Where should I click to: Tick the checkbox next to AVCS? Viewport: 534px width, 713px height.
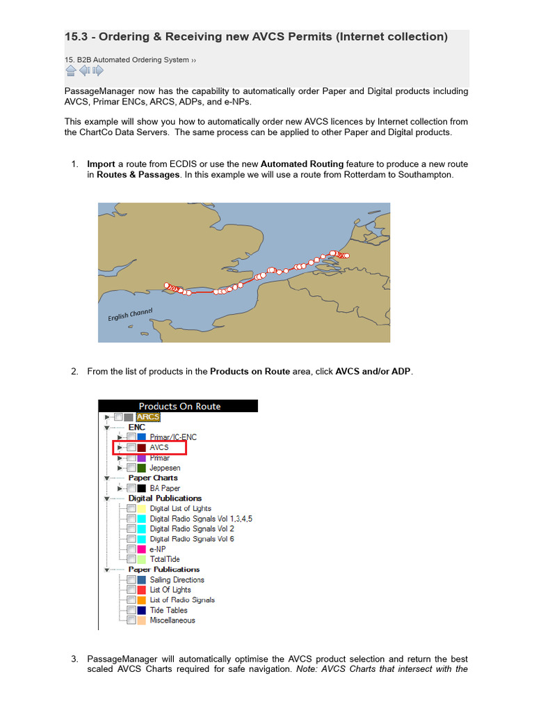[131, 448]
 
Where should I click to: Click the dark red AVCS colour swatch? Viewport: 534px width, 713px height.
[141, 448]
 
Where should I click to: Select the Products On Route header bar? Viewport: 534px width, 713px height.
[179, 406]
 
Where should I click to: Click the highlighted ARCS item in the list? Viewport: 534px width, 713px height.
[148, 417]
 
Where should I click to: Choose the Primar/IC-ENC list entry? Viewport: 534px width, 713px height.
[173, 437]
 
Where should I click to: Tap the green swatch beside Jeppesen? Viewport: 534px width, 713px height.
[141, 468]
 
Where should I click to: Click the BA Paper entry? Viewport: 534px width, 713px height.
[165, 488]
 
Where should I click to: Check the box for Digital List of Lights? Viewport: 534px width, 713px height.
[131, 509]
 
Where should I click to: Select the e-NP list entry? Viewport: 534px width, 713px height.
[158, 549]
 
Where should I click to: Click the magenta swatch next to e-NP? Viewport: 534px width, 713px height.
[141, 549]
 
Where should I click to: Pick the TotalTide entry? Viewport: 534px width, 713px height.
[165, 559]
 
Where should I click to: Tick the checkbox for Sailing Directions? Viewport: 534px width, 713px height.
[131, 579]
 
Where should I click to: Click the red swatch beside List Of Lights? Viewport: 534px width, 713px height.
[141, 590]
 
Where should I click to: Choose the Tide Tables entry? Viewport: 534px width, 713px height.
[168, 610]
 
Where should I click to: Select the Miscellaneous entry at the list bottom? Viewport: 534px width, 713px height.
[172, 620]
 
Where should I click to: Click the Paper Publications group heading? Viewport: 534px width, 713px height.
[165, 570]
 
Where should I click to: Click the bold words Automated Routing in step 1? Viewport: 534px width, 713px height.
[302, 164]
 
